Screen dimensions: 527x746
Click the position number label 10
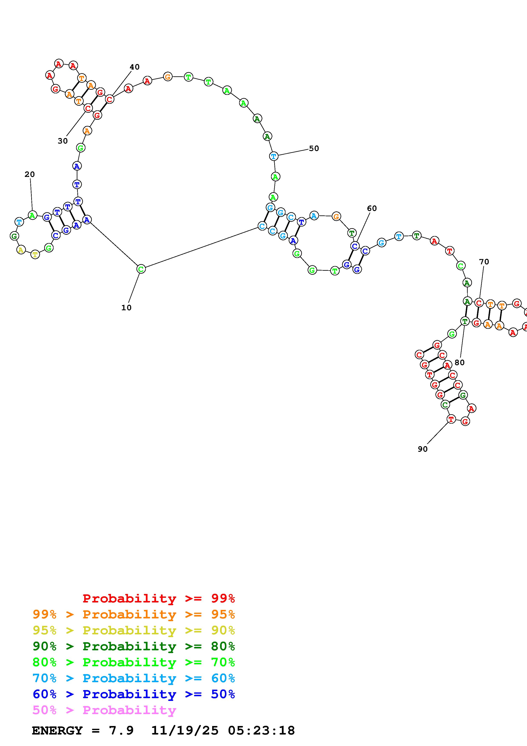point(126,308)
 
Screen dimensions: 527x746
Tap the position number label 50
point(314,148)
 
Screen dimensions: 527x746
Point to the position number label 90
point(422,449)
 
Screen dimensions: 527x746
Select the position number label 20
point(30,174)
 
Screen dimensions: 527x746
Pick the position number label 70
point(484,262)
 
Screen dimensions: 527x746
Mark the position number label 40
point(134,67)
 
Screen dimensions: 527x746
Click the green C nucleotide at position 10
point(141,269)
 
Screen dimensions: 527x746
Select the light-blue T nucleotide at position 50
point(274,156)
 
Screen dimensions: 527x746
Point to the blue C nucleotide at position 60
point(355,246)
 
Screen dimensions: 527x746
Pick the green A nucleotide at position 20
point(32,215)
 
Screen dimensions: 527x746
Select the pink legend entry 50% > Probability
point(104,710)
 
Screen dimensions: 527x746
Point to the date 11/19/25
point(185,730)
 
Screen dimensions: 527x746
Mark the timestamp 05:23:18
point(261,730)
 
